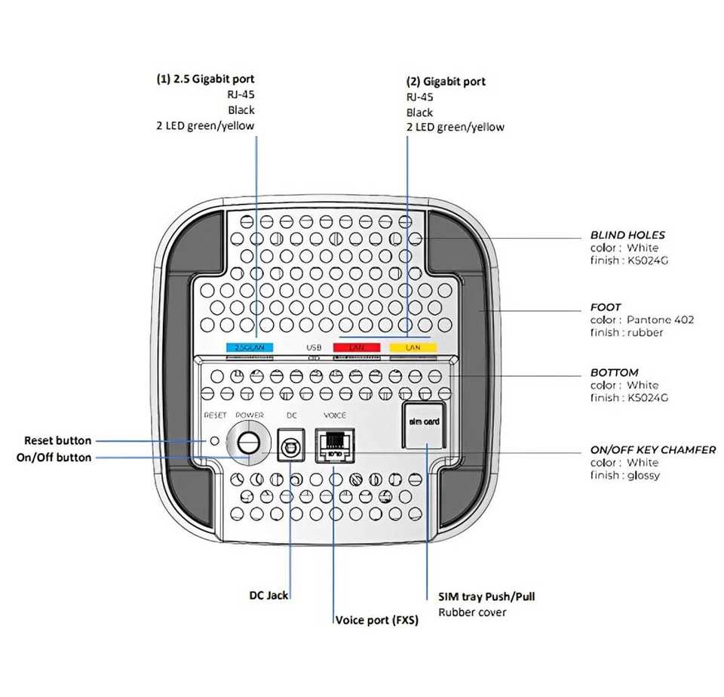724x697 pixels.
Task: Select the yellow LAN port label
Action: tap(413, 347)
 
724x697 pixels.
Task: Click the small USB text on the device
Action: tap(314, 348)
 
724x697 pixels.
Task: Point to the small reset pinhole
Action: tap(214, 440)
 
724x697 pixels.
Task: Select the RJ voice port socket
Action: tap(334, 445)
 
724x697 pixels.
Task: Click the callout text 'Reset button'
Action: tap(57, 440)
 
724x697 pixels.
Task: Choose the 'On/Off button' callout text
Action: tap(54, 457)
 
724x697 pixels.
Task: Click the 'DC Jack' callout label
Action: tap(268, 595)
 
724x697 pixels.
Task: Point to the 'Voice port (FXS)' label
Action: tap(376, 620)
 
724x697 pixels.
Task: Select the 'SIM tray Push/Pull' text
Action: tap(486, 596)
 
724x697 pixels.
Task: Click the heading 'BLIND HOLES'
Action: tap(627, 235)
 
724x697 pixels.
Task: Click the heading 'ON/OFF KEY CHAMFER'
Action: tap(652, 449)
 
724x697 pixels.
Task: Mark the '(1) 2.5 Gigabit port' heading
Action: tap(205, 79)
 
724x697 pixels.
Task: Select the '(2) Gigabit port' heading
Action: tap(446, 81)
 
